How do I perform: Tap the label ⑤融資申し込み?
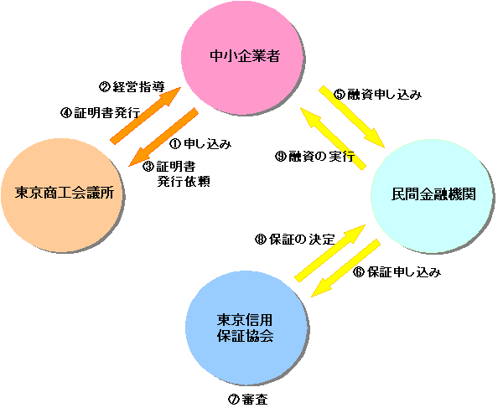coord(377,95)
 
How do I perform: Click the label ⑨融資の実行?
coord(315,156)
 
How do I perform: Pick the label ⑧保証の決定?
coord(294,239)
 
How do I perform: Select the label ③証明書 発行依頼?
coord(178,173)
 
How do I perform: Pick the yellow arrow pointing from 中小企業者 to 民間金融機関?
coord(351,116)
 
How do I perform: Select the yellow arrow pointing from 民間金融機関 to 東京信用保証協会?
coord(345,269)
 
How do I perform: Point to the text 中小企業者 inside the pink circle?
coord(244,57)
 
